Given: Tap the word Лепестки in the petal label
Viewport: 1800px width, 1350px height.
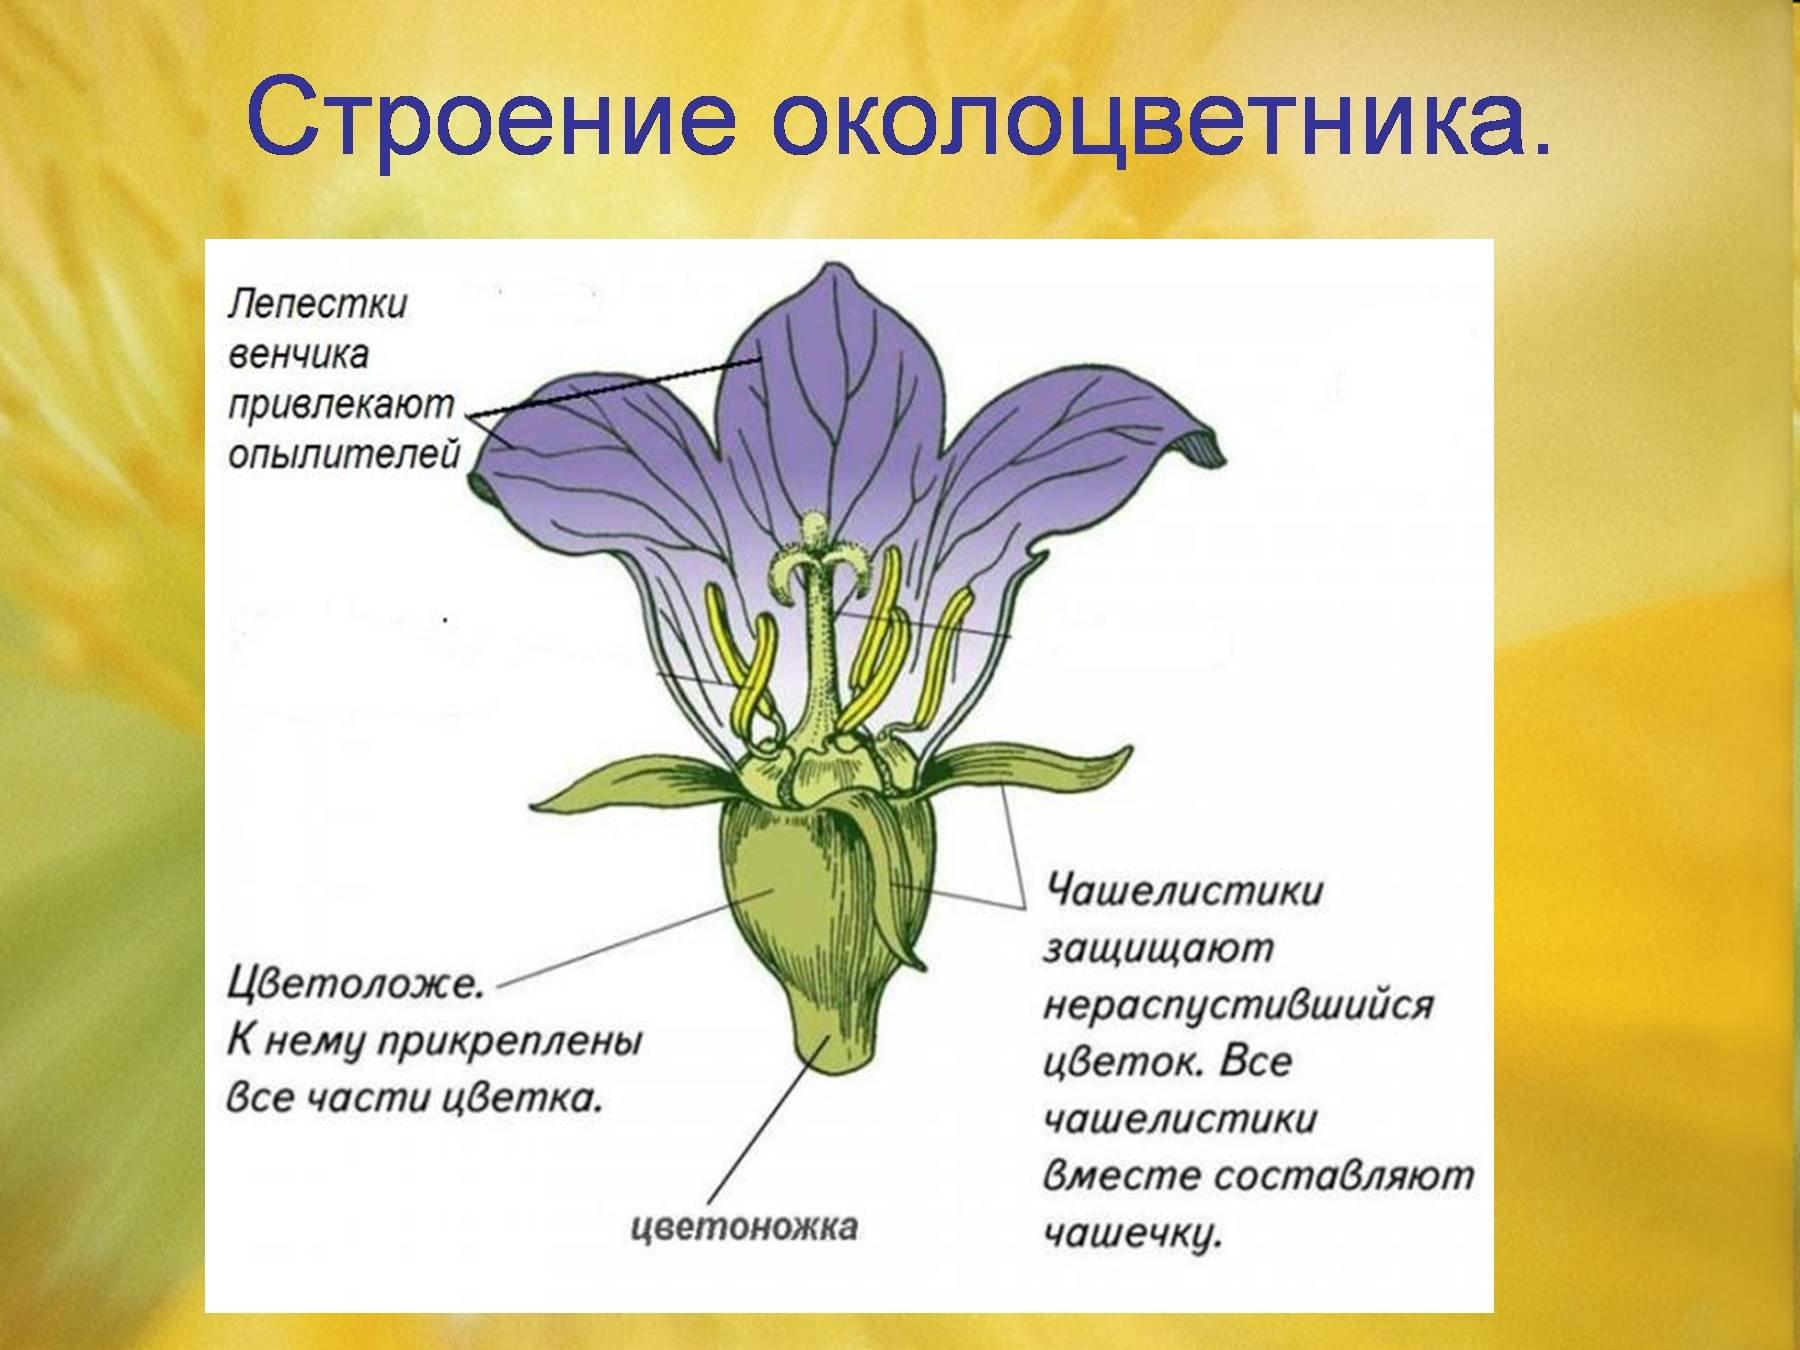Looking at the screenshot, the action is tap(317, 304).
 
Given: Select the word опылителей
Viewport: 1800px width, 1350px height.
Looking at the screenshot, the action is tap(344, 456).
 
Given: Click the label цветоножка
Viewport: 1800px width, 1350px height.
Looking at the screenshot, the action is tap(744, 1226).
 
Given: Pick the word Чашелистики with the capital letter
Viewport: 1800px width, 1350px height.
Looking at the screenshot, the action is tap(1183, 890).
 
